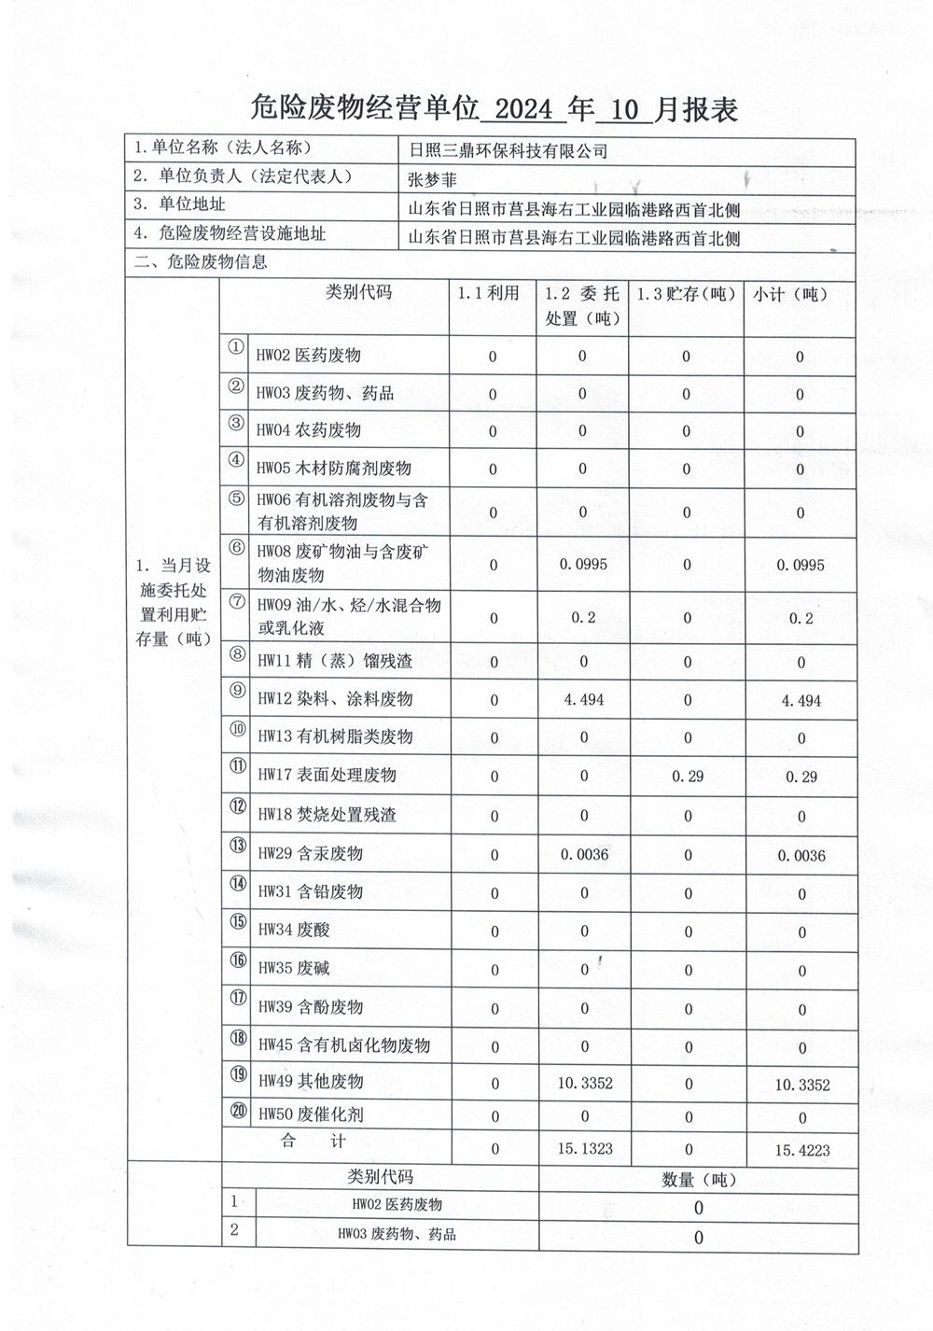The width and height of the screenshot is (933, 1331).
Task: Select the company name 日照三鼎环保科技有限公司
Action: point(508,150)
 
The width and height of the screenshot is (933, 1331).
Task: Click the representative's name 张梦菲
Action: point(435,177)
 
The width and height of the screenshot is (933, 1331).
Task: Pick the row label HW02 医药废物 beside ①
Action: point(309,355)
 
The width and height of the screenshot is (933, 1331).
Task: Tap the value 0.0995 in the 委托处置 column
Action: point(582,564)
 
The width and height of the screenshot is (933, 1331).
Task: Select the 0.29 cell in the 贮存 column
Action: point(688,776)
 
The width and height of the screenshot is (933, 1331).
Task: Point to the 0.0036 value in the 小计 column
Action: point(800,855)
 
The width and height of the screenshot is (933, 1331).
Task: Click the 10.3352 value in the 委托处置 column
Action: point(585,1084)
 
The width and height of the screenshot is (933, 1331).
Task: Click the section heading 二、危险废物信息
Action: point(201,262)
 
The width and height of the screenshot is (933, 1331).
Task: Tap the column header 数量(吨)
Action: point(700,1179)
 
